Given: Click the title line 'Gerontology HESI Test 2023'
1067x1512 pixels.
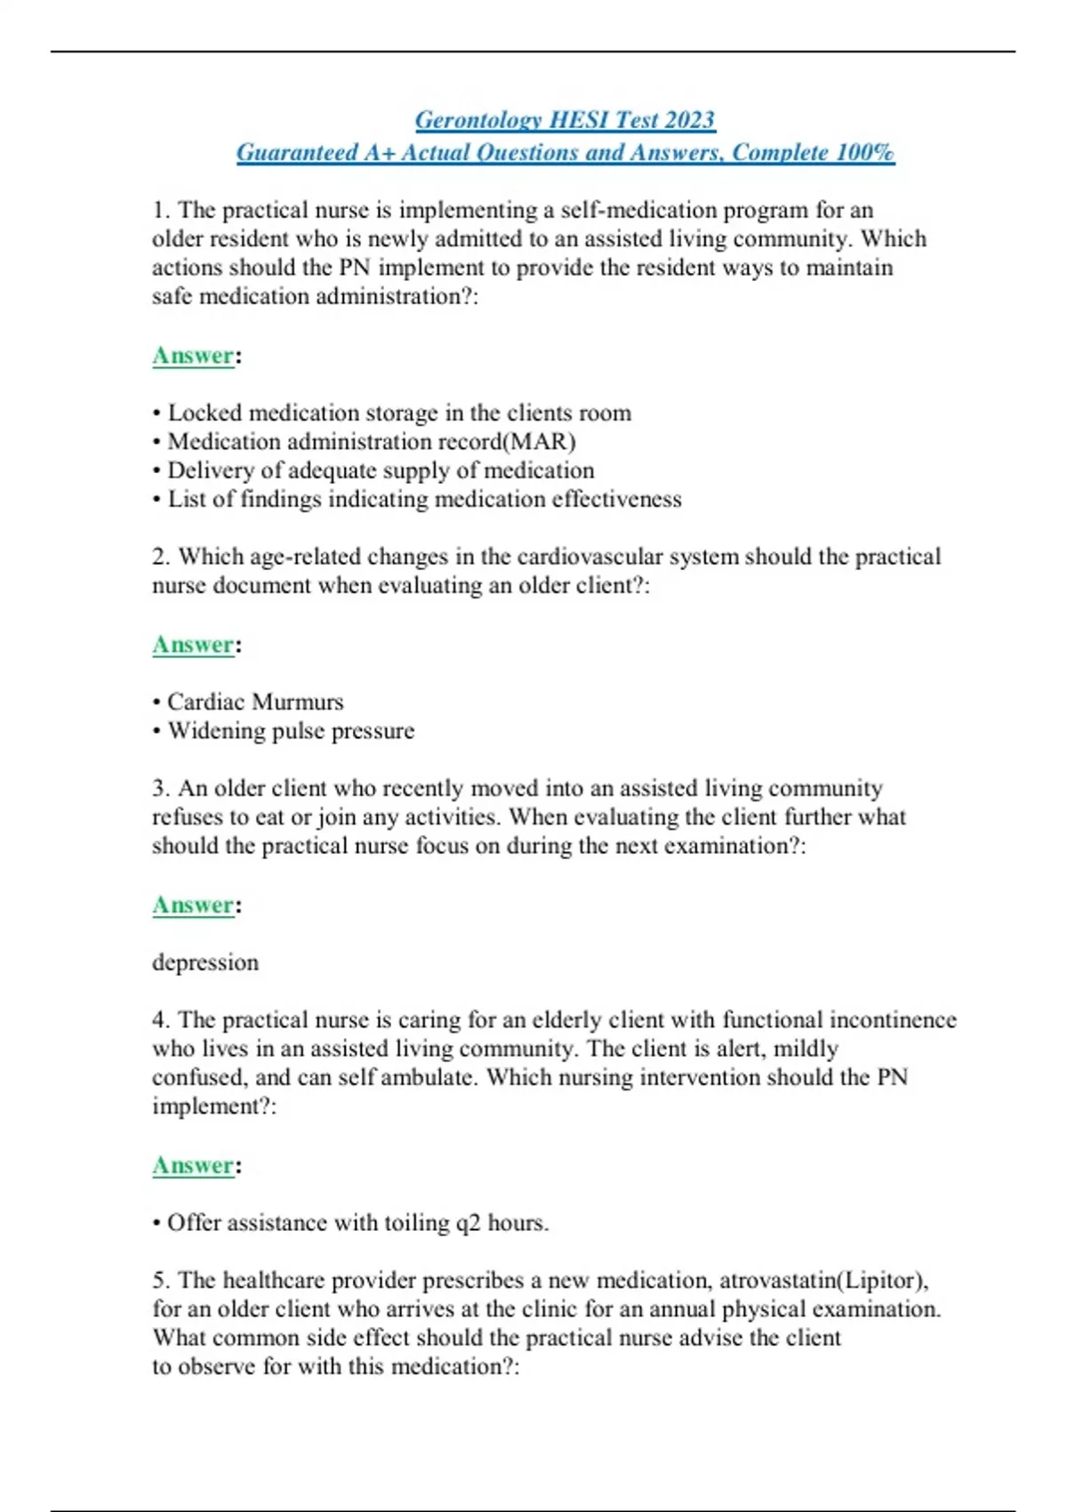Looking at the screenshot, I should coord(565,120).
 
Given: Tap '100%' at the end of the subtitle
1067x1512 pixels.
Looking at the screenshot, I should coord(864,153).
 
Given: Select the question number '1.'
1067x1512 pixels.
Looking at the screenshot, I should coord(161,211).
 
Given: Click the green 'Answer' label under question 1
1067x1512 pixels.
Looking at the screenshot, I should coord(193,356).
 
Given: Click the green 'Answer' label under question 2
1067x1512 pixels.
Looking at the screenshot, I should coord(193,645).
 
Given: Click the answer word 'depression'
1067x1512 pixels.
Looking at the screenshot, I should coord(205,962).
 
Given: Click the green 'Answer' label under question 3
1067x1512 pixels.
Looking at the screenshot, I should coord(193,905).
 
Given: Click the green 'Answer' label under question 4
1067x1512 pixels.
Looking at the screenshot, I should coord(193,1166).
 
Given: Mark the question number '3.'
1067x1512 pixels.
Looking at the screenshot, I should coord(161,789).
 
